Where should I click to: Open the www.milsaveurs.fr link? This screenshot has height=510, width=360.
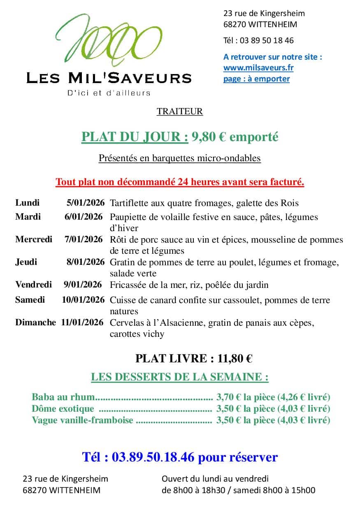258,67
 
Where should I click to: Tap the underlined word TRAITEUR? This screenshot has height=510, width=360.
180,111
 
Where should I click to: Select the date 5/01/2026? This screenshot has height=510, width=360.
85,203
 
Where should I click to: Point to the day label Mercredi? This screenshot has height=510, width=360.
34,239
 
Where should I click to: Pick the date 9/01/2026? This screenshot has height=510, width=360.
84,285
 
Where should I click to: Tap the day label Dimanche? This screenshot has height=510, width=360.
35,322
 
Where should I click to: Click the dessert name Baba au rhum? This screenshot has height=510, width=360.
63,397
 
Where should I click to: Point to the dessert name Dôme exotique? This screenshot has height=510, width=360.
63,409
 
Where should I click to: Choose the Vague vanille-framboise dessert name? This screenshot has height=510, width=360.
82,420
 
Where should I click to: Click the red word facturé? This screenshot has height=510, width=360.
288,182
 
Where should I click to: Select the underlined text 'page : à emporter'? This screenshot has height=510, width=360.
256,79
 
